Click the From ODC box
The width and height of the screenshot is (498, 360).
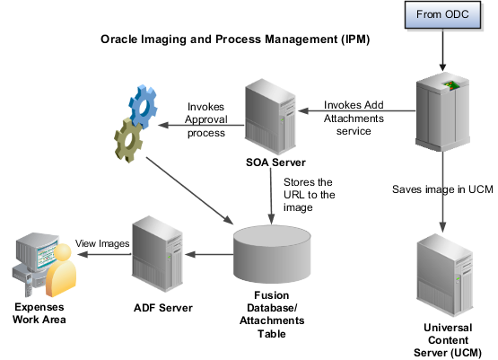(x=442, y=15)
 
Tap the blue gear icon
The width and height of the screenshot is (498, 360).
(x=143, y=106)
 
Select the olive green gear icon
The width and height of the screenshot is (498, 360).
(x=127, y=140)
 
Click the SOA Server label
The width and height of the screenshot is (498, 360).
(x=275, y=162)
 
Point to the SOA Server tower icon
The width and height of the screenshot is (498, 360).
(x=271, y=117)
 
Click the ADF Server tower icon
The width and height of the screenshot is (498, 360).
(x=158, y=254)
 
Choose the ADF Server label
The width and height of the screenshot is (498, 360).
(x=163, y=308)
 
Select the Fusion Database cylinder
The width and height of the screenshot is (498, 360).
(x=272, y=254)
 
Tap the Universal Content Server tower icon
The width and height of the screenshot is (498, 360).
(x=445, y=276)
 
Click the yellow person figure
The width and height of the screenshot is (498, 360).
(x=61, y=270)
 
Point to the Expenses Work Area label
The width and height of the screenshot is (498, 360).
(x=39, y=313)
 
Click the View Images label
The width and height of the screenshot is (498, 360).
(x=102, y=243)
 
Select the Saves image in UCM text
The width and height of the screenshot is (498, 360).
(x=442, y=189)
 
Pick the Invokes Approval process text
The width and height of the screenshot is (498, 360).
(x=206, y=119)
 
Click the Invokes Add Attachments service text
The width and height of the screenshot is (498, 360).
(x=354, y=118)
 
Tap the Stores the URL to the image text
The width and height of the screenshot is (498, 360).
(x=309, y=195)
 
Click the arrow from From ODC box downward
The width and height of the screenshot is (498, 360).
(x=442, y=50)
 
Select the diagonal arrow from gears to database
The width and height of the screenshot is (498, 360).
(x=189, y=190)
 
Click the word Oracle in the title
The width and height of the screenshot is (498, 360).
(x=119, y=40)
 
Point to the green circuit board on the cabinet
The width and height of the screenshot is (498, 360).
(x=450, y=85)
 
